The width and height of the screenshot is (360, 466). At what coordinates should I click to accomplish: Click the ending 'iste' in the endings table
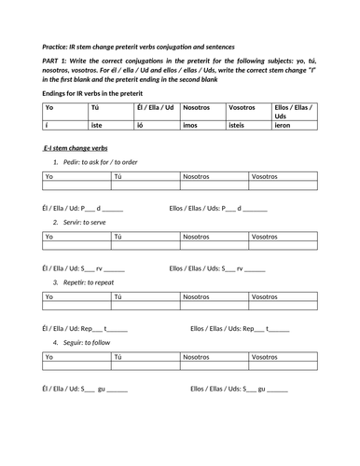[95, 123]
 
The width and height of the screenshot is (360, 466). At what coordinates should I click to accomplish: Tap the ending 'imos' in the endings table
[190, 123]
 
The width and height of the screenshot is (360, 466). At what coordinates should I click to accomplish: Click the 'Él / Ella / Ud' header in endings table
[154, 107]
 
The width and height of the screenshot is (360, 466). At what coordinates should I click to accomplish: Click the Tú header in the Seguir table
[118, 357]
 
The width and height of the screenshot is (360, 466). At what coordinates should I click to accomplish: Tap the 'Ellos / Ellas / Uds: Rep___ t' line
[240, 328]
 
